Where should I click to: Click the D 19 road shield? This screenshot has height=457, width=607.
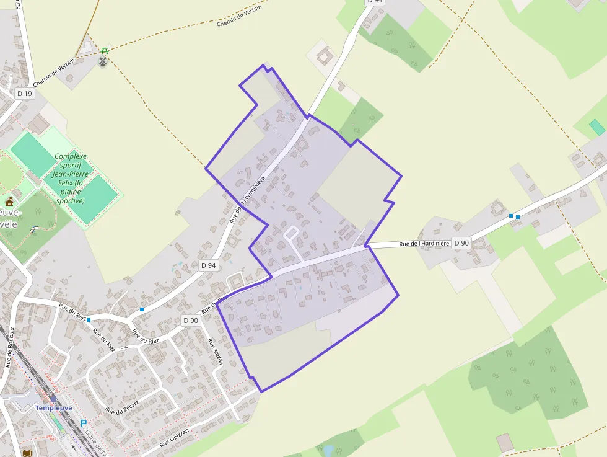pyautogui.click(x=25, y=94)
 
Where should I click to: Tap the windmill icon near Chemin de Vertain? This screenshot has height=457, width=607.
pyautogui.click(x=103, y=61)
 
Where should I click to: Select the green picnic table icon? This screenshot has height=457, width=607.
pyautogui.click(x=105, y=50)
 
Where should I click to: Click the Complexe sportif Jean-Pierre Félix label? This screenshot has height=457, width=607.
pyautogui.click(x=70, y=179)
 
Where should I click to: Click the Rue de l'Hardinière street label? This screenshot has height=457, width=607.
pyautogui.click(x=424, y=244)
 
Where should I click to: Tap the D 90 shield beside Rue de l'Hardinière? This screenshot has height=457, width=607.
pyautogui.click(x=461, y=243)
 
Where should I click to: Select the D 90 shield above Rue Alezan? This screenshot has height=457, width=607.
pyautogui.click(x=191, y=321)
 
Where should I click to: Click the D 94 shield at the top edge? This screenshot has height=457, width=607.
pyautogui.click(x=375, y=2)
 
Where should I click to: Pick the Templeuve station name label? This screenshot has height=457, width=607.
pyautogui.click(x=53, y=407)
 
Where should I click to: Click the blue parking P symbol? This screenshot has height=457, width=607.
pyautogui.click(x=84, y=424)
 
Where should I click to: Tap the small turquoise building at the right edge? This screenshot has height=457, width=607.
pyautogui.click(x=596, y=128)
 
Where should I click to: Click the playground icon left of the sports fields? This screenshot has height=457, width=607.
pyautogui.click(x=9, y=202)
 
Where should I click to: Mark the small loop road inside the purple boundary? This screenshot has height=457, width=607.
pyautogui.click(x=291, y=233)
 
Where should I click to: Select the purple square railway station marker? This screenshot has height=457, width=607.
pyautogui.click(x=53, y=399)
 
